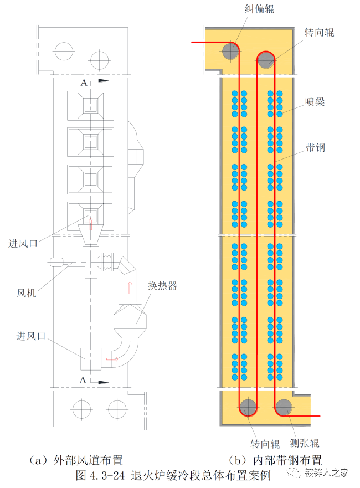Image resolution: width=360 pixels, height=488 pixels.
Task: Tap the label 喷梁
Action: click(x=315, y=102)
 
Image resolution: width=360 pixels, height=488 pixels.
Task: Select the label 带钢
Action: click(x=315, y=147)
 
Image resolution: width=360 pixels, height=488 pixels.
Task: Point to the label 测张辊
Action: click(x=304, y=443)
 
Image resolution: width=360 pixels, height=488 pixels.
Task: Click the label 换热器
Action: click(x=162, y=286)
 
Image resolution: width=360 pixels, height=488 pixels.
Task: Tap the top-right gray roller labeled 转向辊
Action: click(x=266, y=59)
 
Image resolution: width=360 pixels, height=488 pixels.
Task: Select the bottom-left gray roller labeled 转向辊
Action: click(x=248, y=408)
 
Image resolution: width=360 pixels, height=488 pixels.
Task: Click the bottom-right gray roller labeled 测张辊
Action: click(x=284, y=408)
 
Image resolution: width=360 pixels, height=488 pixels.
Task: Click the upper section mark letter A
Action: click(x=84, y=83)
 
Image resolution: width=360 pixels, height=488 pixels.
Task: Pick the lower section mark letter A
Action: click(x=83, y=380)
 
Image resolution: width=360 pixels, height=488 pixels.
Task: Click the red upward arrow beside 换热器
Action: click(x=131, y=289)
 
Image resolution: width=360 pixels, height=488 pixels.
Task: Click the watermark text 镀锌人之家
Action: click(x=328, y=473)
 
